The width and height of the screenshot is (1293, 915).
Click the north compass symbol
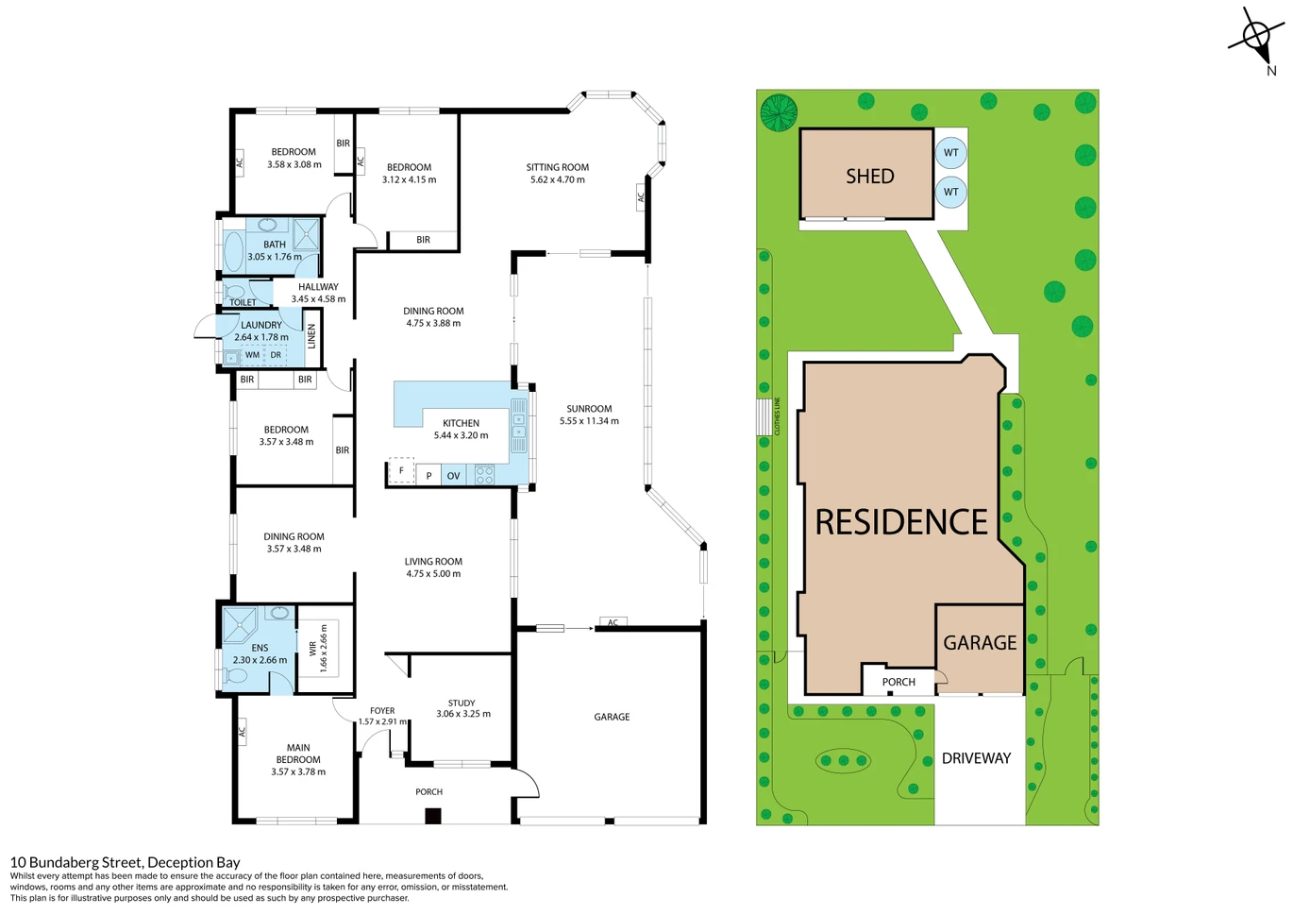pyautogui.click(x=1257, y=41)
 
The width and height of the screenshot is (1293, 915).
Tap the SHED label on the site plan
pyautogui.click(x=870, y=177)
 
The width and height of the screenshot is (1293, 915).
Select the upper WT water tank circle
pyautogui.click(x=950, y=153)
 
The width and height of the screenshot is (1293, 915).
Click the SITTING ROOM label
pyautogui.click(x=557, y=167)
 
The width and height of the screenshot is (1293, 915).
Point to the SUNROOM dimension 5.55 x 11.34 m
pyautogui.click(x=589, y=421)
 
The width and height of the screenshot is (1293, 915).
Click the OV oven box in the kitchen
pyautogui.click(x=453, y=475)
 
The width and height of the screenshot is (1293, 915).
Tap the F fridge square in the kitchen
pyautogui.click(x=401, y=470)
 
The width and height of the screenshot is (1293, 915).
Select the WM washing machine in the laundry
pyautogui.click(x=252, y=355)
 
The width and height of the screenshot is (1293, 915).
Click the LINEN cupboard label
pyautogui.click(x=311, y=336)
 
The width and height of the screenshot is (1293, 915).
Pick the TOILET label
pyautogui.click(x=243, y=302)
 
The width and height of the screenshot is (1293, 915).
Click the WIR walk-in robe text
pyautogui.click(x=312, y=649)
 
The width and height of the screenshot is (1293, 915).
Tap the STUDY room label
pyautogui.click(x=462, y=703)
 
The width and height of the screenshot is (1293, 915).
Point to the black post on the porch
pyautogui.click(x=433, y=816)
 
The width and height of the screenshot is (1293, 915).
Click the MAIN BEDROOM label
pyautogui.click(x=298, y=754)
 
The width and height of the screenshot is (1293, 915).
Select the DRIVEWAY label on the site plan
pyautogui.click(x=976, y=758)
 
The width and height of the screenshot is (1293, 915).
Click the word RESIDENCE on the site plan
pyautogui.click(x=901, y=521)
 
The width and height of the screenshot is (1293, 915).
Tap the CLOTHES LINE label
pyautogui.click(x=777, y=415)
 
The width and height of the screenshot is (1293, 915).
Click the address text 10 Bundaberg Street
pyautogui.click(x=76, y=862)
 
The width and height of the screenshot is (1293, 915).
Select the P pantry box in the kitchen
pyautogui.click(x=428, y=475)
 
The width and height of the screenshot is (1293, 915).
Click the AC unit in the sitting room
pyautogui.click(x=640, y=197)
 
